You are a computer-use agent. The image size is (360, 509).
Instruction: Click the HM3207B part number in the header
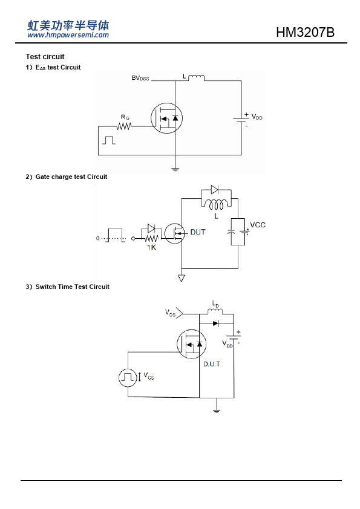coord(305,32)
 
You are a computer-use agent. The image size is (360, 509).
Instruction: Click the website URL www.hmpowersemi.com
coord(68,35)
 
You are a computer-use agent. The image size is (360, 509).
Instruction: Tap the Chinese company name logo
coord(68,25)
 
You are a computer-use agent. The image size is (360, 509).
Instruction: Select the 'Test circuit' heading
coord(45,56)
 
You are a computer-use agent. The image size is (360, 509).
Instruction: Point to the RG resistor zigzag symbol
coord(124,126)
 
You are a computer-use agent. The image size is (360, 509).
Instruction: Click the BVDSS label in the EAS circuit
coord(140,78)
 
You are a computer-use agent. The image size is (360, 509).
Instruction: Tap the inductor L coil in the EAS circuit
coord(196,77)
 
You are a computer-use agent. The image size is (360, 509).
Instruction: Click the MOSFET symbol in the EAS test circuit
coord(166,118)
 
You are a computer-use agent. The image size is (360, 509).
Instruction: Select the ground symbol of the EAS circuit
coord(175,169)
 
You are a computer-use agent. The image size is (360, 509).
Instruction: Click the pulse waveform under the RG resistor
coord(109,140)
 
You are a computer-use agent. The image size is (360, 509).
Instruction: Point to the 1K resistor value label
coord(151,247)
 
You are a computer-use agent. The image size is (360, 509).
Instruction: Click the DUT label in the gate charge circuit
coord(198,232)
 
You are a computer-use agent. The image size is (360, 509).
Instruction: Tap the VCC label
coord(258,225)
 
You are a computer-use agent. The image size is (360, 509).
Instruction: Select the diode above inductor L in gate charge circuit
coord(215,190)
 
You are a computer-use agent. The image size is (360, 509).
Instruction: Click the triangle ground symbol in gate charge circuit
coord(182,278)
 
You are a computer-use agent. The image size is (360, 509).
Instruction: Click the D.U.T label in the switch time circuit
coord(212,365)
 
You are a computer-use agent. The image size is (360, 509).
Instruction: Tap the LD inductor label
coord(215,304)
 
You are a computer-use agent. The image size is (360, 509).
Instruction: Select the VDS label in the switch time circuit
coord(170,313)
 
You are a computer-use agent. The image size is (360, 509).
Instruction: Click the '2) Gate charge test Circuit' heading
coord(67,177)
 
